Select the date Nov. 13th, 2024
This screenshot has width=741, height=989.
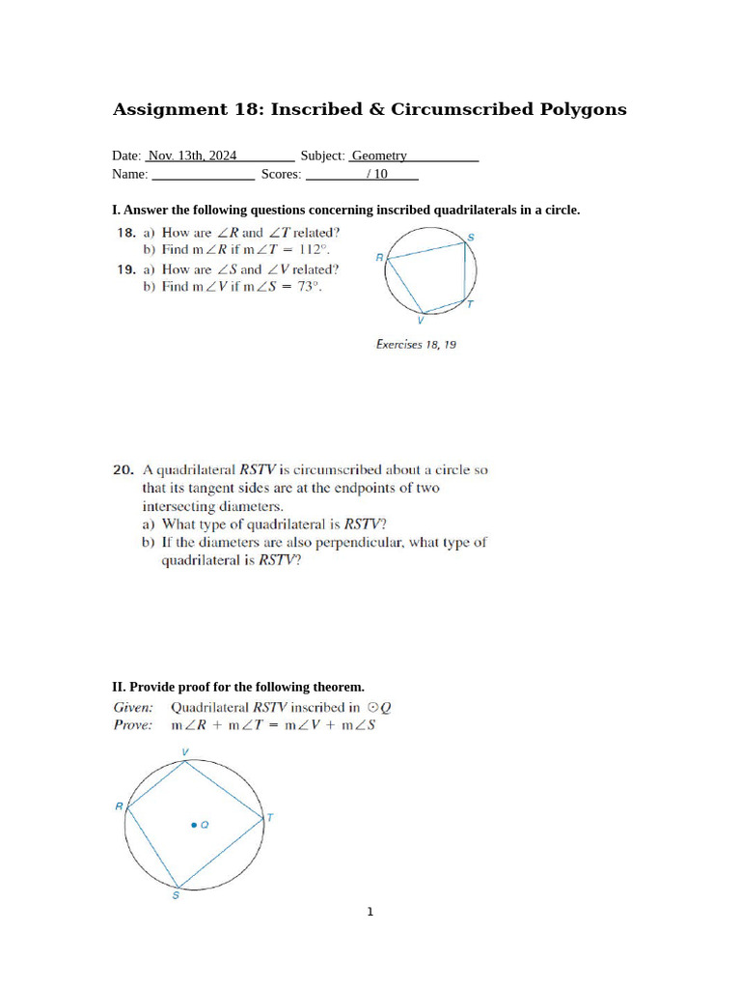[192, 155]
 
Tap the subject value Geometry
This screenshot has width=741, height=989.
[379, 155]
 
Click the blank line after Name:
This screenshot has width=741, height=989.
[204, 175]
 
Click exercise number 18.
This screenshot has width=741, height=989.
[125, 233]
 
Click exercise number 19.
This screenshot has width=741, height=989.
[125, 270]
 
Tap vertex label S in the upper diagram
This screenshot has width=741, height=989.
[470, 237]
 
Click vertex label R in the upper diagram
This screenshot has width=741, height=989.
[379, 257]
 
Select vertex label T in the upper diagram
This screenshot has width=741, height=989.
[470, 304]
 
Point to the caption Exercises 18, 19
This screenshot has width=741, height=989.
[416, 344]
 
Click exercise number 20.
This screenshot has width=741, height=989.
[123, 470]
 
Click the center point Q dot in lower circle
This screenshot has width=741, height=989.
[194, 825]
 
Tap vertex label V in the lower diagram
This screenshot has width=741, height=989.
[185, 751]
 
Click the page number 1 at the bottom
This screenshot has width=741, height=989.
[370, 911]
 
